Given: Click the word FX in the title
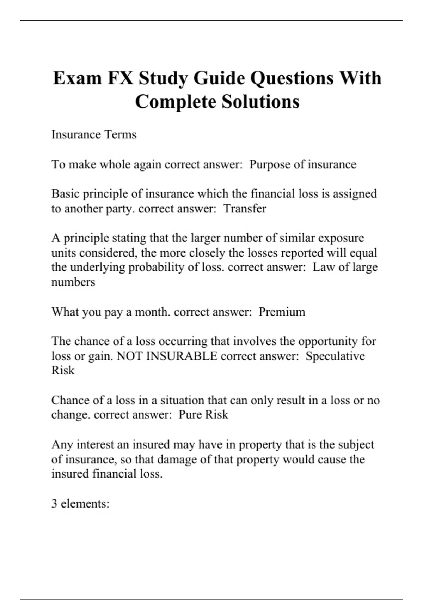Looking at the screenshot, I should click(120, 78).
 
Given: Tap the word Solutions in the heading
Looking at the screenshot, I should click(260, 102).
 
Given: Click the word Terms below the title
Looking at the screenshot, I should click(120, 134).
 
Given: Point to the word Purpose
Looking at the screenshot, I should click(273, 164).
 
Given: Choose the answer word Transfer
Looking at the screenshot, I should click(245, 209).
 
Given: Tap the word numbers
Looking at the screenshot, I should click(73, 282).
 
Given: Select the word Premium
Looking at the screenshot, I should click(282, 312).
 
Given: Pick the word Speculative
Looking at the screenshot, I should click(335, 356).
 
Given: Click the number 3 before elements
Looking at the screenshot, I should click(54, 503).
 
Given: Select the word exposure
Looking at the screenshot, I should click(341, 238).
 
